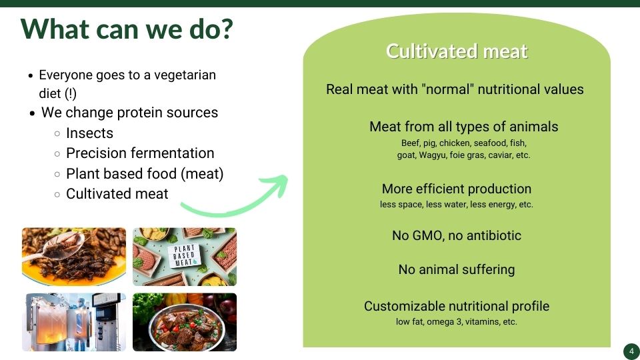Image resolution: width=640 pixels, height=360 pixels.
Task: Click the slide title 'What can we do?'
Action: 127,29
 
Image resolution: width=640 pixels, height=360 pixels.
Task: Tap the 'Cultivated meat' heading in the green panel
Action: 457,51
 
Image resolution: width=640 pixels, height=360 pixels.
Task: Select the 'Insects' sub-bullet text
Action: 89,133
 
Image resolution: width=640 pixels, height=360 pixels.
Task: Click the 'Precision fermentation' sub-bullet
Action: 140,153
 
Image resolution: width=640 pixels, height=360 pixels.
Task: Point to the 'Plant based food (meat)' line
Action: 145,174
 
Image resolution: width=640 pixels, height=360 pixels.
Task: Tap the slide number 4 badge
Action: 631,351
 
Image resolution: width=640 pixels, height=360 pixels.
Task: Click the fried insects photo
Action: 74,257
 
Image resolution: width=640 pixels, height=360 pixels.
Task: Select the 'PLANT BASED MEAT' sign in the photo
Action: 184,256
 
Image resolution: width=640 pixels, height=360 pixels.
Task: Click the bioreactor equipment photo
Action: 74,322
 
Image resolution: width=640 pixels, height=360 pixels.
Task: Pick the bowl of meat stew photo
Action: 185,322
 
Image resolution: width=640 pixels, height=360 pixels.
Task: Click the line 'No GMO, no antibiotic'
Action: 456,235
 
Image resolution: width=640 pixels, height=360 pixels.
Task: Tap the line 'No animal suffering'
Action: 456,269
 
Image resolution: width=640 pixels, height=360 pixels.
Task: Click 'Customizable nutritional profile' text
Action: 456,306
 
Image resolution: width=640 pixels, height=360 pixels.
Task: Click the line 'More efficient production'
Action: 456,189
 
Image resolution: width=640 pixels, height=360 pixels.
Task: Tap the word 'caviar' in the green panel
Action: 502,155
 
